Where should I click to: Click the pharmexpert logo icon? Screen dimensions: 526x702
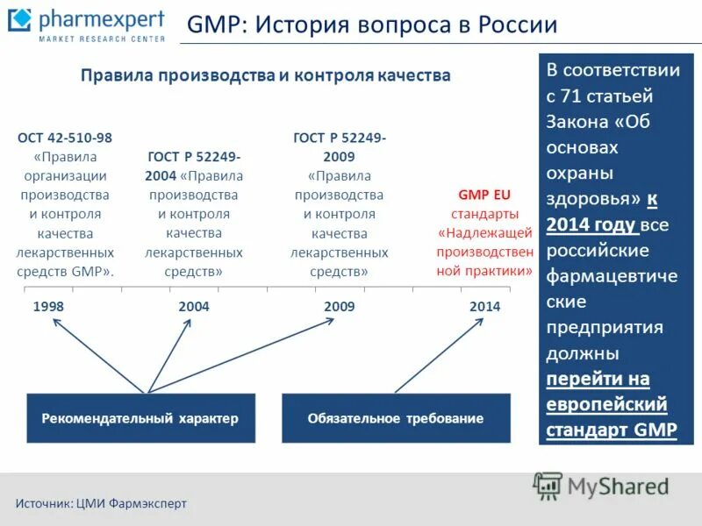point(19,22)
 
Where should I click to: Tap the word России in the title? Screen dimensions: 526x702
point(519,25)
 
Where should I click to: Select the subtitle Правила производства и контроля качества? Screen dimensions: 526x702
point(266,75)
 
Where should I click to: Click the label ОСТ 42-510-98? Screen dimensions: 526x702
point(65,138)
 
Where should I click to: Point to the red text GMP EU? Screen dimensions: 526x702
point(484,195)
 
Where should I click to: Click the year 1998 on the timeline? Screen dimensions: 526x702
point(48,307)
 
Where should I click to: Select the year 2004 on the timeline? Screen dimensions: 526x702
point(193,307)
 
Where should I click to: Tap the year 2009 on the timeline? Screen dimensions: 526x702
point(339,307)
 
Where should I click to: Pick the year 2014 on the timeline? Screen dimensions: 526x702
point(484,307)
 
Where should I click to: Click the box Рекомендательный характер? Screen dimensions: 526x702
point(140,418)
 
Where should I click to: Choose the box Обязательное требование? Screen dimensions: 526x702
point(395,418)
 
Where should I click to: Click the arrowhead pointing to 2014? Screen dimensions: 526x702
point(478,322)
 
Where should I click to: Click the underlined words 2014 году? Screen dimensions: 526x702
point(591,225)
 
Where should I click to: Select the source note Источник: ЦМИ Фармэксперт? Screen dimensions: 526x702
point(101,503)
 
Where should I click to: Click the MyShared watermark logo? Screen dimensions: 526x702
point(602,486)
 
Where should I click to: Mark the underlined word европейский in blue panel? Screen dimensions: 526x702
point(606,405)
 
